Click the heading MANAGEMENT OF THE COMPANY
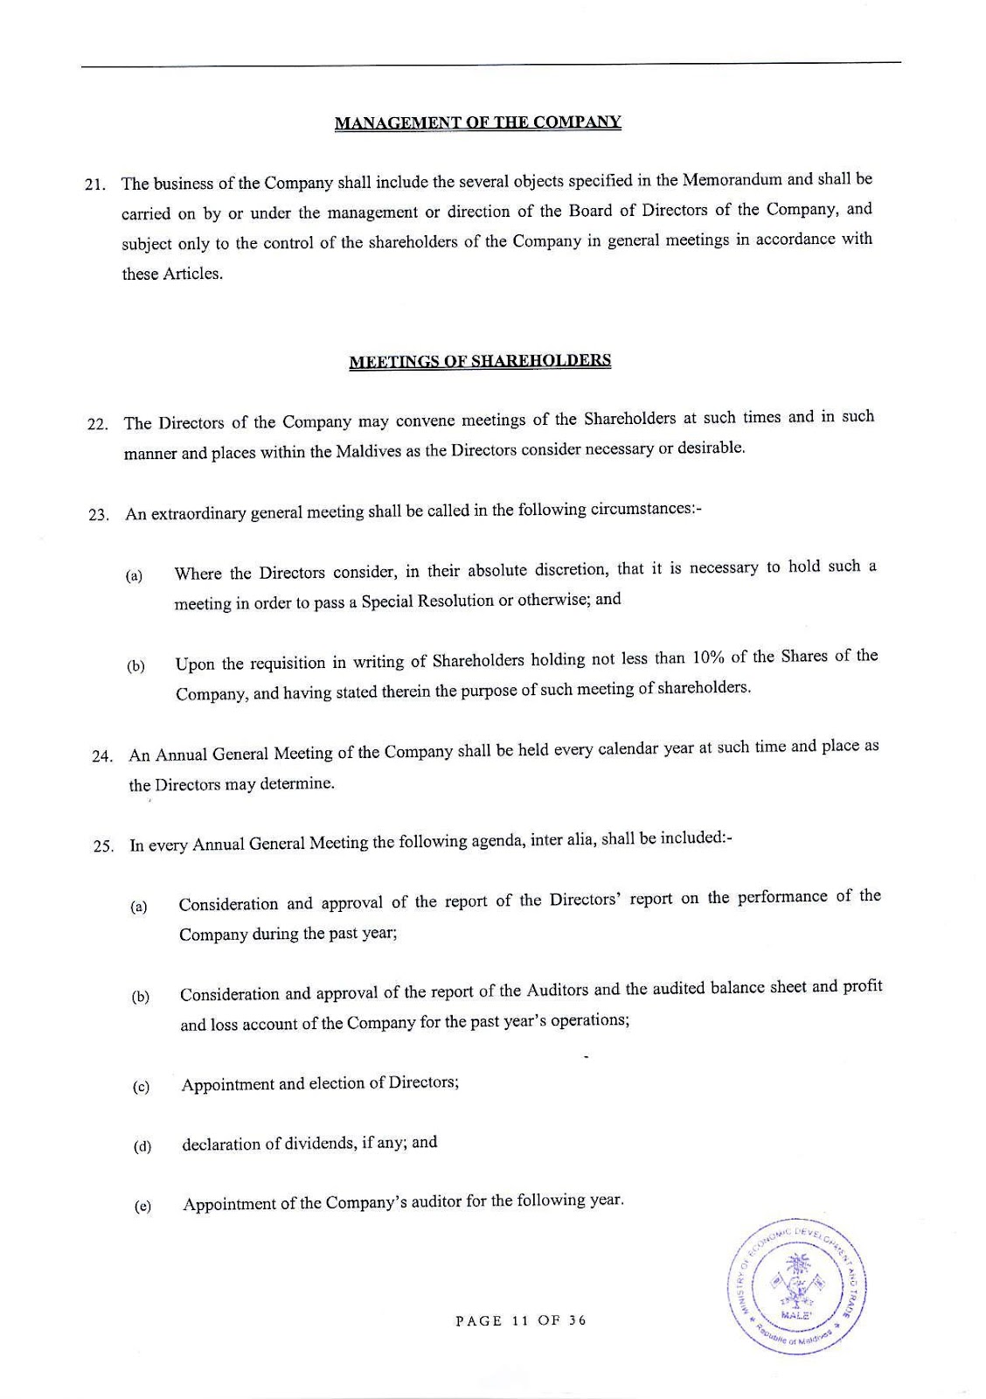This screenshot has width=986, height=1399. coord(477,122)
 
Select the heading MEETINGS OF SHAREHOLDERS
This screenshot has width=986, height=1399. coord(479,360)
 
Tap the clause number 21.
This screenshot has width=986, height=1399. coord(94,185)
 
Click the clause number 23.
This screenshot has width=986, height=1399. coord(98,515)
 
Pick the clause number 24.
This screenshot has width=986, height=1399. coord(101,756)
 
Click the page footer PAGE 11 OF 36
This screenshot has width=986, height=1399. coord(521,1320)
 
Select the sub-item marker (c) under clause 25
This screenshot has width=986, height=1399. coord(140,1088)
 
